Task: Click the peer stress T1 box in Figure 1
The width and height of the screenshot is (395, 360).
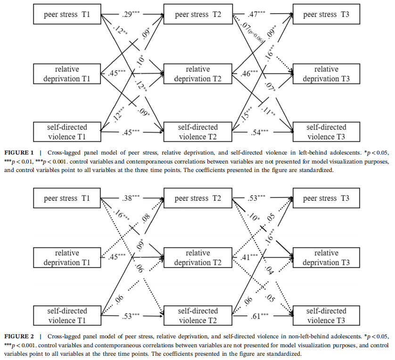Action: (x=67, y=15)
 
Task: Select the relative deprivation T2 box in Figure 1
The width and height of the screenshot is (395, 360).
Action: (x=197, y=74)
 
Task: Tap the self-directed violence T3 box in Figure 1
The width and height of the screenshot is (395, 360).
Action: (x=327, y=132)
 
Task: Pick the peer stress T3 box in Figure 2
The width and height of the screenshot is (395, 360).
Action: (x=327, y=198)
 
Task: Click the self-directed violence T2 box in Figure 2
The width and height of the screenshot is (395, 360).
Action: (x=197, y=316)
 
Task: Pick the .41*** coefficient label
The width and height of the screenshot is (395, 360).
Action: (x=247, y=258)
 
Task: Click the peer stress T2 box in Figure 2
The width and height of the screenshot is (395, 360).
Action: (x=197, y=198)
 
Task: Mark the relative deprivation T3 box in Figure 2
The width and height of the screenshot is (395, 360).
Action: (x=327, y=258)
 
